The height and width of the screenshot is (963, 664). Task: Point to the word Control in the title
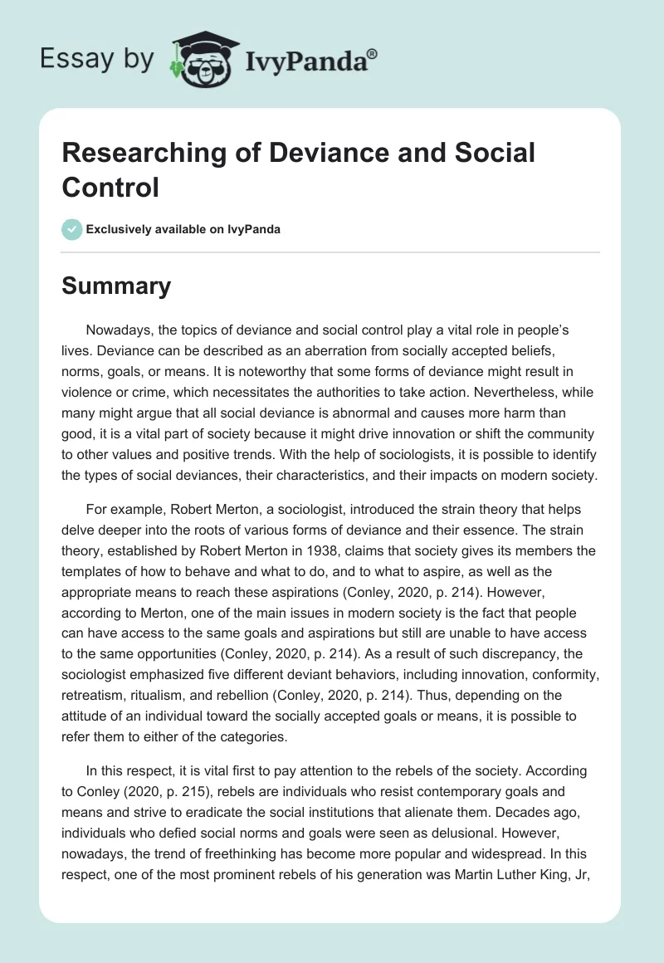click(110, 188)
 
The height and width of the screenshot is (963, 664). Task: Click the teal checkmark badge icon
click(72, 229)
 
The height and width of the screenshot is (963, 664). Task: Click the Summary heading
click(116, 286)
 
